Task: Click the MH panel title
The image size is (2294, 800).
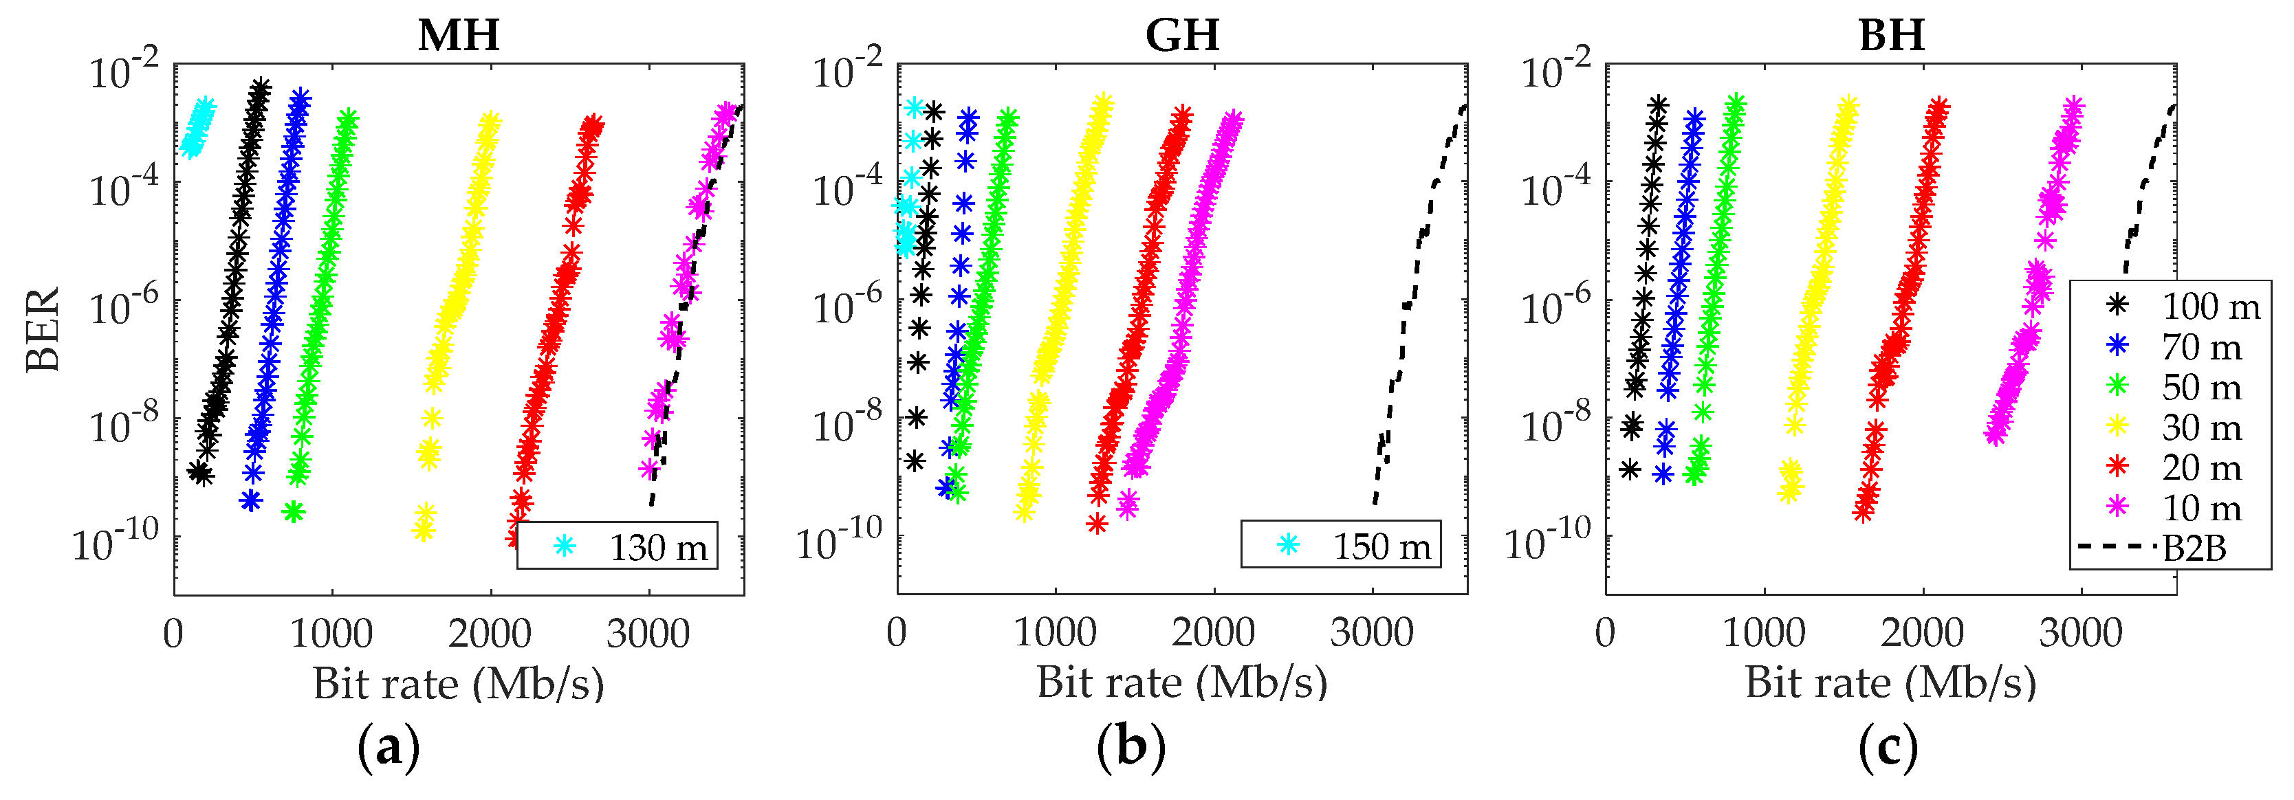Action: [x=459, y=36]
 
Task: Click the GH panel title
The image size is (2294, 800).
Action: [x=1182, y=36]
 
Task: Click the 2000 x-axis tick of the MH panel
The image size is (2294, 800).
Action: [x=490, y=634]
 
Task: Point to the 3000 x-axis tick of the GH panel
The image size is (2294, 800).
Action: [x=1371, y=633]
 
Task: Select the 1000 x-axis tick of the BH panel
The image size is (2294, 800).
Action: [x=1763, y=633]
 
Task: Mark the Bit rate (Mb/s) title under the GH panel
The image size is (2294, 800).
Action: [x=1182, y=683]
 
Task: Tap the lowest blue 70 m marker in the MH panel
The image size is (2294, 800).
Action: [x=251, y=501]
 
